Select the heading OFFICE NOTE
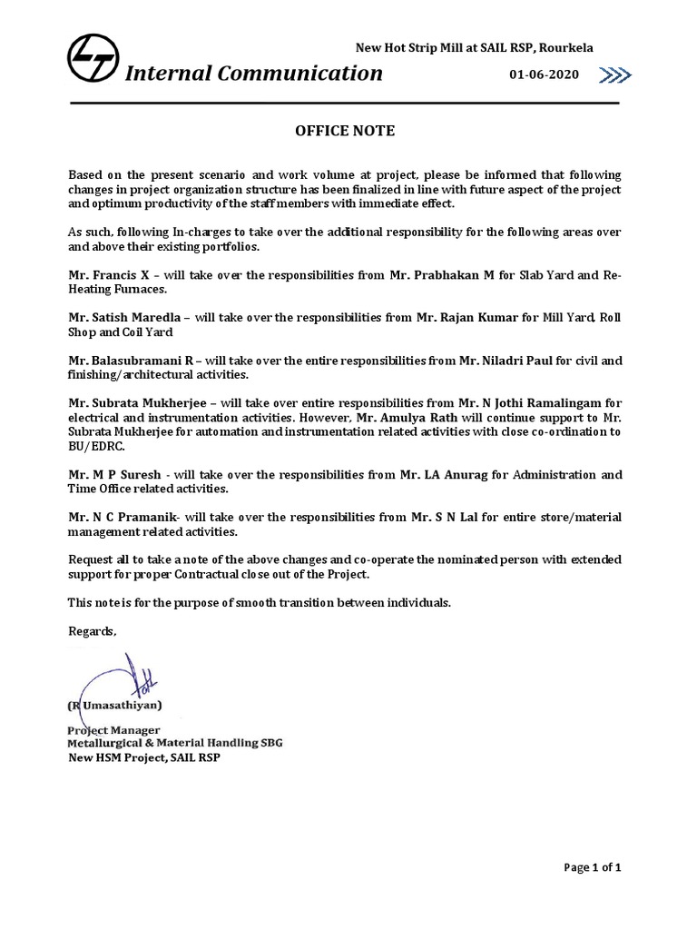click(x=345, y=131)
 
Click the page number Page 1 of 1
click(x=592, y=868)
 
